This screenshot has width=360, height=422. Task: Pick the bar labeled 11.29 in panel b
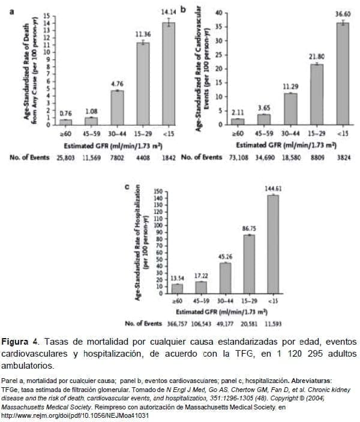pyautogui.click(x=290, y=108)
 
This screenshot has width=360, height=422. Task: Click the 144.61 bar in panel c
pyautogui.click(x=272, y=245)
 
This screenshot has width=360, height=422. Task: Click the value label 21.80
pyautogui.click(x=317, y=56)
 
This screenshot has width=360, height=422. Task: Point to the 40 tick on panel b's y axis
pyautogui.click(x=220, y=13)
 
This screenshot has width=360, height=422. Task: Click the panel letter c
pyautogui.click(x=126, y=187)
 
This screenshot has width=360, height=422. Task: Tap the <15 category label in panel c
pyautogui.click(x=273, y=302)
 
